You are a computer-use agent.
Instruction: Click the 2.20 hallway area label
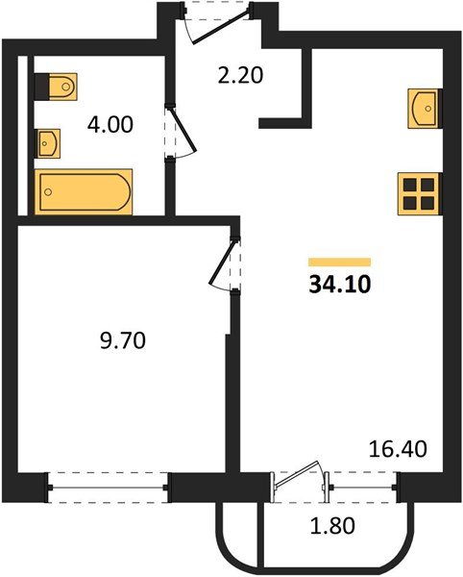click(240, 75)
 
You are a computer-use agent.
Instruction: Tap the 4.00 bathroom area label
click(110, 124)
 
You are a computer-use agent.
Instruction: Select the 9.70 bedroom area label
click(123, 340)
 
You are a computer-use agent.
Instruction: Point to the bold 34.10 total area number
click(340, 285)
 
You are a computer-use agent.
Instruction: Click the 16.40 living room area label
click(398, 449)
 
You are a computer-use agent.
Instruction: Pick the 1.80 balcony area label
click(332, 525)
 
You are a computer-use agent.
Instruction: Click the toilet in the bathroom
click(56, 87)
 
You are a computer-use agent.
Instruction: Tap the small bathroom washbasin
click(47, 143)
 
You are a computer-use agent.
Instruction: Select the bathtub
click(84, 191)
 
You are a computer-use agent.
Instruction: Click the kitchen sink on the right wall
click(425, 109)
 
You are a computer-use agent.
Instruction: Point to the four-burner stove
click(419, 193)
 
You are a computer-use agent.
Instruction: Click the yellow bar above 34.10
click(339, 262)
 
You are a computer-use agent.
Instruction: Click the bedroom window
click(109, 488)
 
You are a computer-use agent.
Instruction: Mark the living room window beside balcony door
click(363, 488)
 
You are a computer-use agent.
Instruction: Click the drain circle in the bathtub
click(48, 191)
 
